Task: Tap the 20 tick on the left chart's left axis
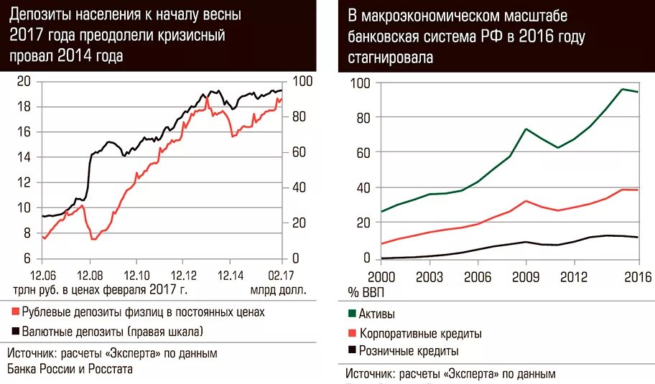[23, 82]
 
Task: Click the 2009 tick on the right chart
[526, 276]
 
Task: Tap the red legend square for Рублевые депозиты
[15, 312]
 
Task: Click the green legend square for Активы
[352, 314]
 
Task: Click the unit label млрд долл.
[278, 291]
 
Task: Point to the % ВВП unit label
[364, 291]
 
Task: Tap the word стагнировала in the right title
[391, 58]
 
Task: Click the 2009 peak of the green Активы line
[526, 129]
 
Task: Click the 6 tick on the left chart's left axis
[27, 258]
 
